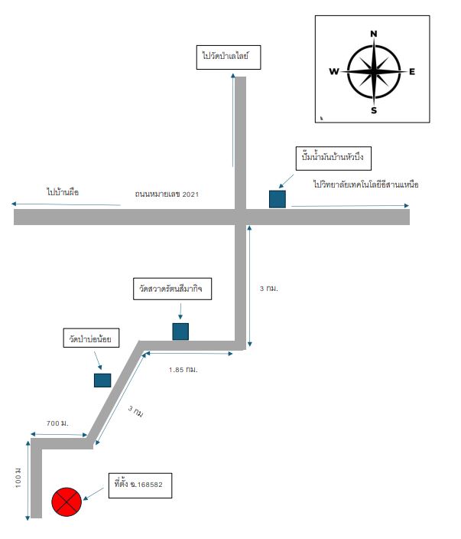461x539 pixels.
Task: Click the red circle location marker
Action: click(x=67, y=501)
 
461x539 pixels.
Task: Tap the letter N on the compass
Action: click(x=374, y=34)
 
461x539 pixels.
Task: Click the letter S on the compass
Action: click(x=374, y=110)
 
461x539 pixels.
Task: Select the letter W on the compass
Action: click(x=334, y=71)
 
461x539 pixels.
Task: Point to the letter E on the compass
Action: click(x=412, y=71)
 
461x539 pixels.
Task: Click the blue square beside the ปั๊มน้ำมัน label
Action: click(x=278, y=199)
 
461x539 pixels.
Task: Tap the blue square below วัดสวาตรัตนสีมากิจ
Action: click(x=180, y=332)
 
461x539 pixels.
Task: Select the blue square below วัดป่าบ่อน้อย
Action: click(x=102, y=381)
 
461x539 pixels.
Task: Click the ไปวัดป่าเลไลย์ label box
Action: click(x=229, y=57)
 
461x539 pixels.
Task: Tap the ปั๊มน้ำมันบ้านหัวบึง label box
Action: click(x=333, y=158)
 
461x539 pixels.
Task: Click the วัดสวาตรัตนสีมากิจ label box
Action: click(x=172, y=289)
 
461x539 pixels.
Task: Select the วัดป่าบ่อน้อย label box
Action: click(x=91, y=338)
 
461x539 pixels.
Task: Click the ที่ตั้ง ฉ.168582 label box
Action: click(x=141, y=485)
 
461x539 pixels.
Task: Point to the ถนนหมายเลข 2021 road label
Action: click(x=167, y=194)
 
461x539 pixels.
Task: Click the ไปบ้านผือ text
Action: click(x=63, y=192)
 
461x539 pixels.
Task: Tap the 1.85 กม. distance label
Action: click(x=183, y=370)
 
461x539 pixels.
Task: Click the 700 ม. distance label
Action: click(x=57, y=423)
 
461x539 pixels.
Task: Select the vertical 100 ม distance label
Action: click(x=18, y=478)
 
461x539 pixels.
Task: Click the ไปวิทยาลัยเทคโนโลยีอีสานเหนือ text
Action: click(x=366, y=185)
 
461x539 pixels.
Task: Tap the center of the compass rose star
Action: click(x=374, y=71)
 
